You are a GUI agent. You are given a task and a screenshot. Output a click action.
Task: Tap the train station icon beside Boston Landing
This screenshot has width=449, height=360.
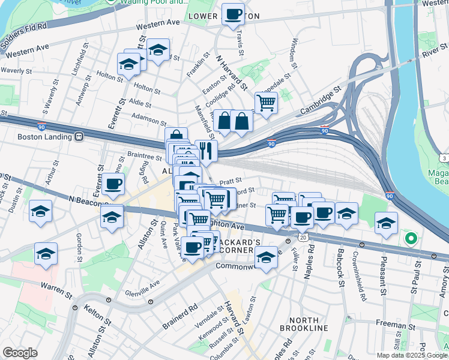79,136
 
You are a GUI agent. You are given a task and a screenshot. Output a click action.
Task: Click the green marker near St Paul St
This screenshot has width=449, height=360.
411,239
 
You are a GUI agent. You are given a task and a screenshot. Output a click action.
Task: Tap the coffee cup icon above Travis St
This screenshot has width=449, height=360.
233,14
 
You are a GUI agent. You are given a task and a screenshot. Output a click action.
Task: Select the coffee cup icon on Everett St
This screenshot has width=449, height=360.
113,184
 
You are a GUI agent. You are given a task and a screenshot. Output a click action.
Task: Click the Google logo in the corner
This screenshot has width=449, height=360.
20,353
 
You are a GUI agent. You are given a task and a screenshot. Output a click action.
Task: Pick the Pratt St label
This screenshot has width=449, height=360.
230,180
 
